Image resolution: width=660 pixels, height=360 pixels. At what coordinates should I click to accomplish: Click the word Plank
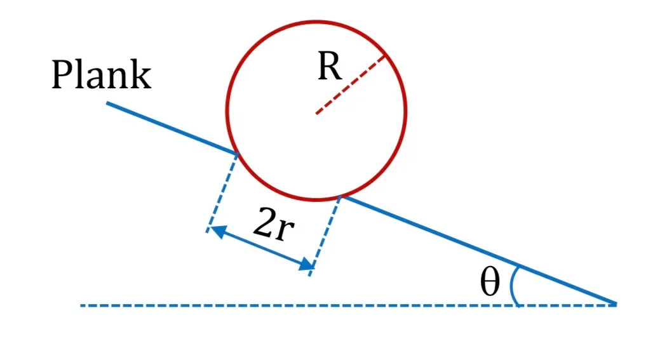point(101,74)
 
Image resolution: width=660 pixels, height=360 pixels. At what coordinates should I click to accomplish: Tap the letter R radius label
point(330,66)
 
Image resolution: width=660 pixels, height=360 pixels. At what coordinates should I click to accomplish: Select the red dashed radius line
point(350,84)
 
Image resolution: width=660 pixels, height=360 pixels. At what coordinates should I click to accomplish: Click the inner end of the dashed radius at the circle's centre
point(316,113)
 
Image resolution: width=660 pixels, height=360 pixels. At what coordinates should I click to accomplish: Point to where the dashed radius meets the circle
point(385,56)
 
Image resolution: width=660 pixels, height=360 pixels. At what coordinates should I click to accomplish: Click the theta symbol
point(490,283)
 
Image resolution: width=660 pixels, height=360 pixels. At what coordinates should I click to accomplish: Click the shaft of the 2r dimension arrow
point(262,248)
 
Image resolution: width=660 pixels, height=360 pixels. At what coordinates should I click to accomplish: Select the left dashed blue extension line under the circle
point(222,193)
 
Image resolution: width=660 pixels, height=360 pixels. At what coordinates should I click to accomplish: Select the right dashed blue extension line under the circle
point(325,236)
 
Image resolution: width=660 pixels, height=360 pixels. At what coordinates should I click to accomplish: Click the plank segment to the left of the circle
point(172,128)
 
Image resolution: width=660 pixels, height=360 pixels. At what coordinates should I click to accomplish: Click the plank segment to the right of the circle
point(480,250)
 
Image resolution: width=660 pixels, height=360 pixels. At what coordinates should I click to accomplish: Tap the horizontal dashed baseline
point(349,305)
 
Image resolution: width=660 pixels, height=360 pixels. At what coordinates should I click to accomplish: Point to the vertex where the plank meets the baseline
point(616,304)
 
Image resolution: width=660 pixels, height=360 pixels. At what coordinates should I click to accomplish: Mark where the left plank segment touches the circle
point(237,154)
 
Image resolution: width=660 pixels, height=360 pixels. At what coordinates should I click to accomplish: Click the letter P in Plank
point(62,74)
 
